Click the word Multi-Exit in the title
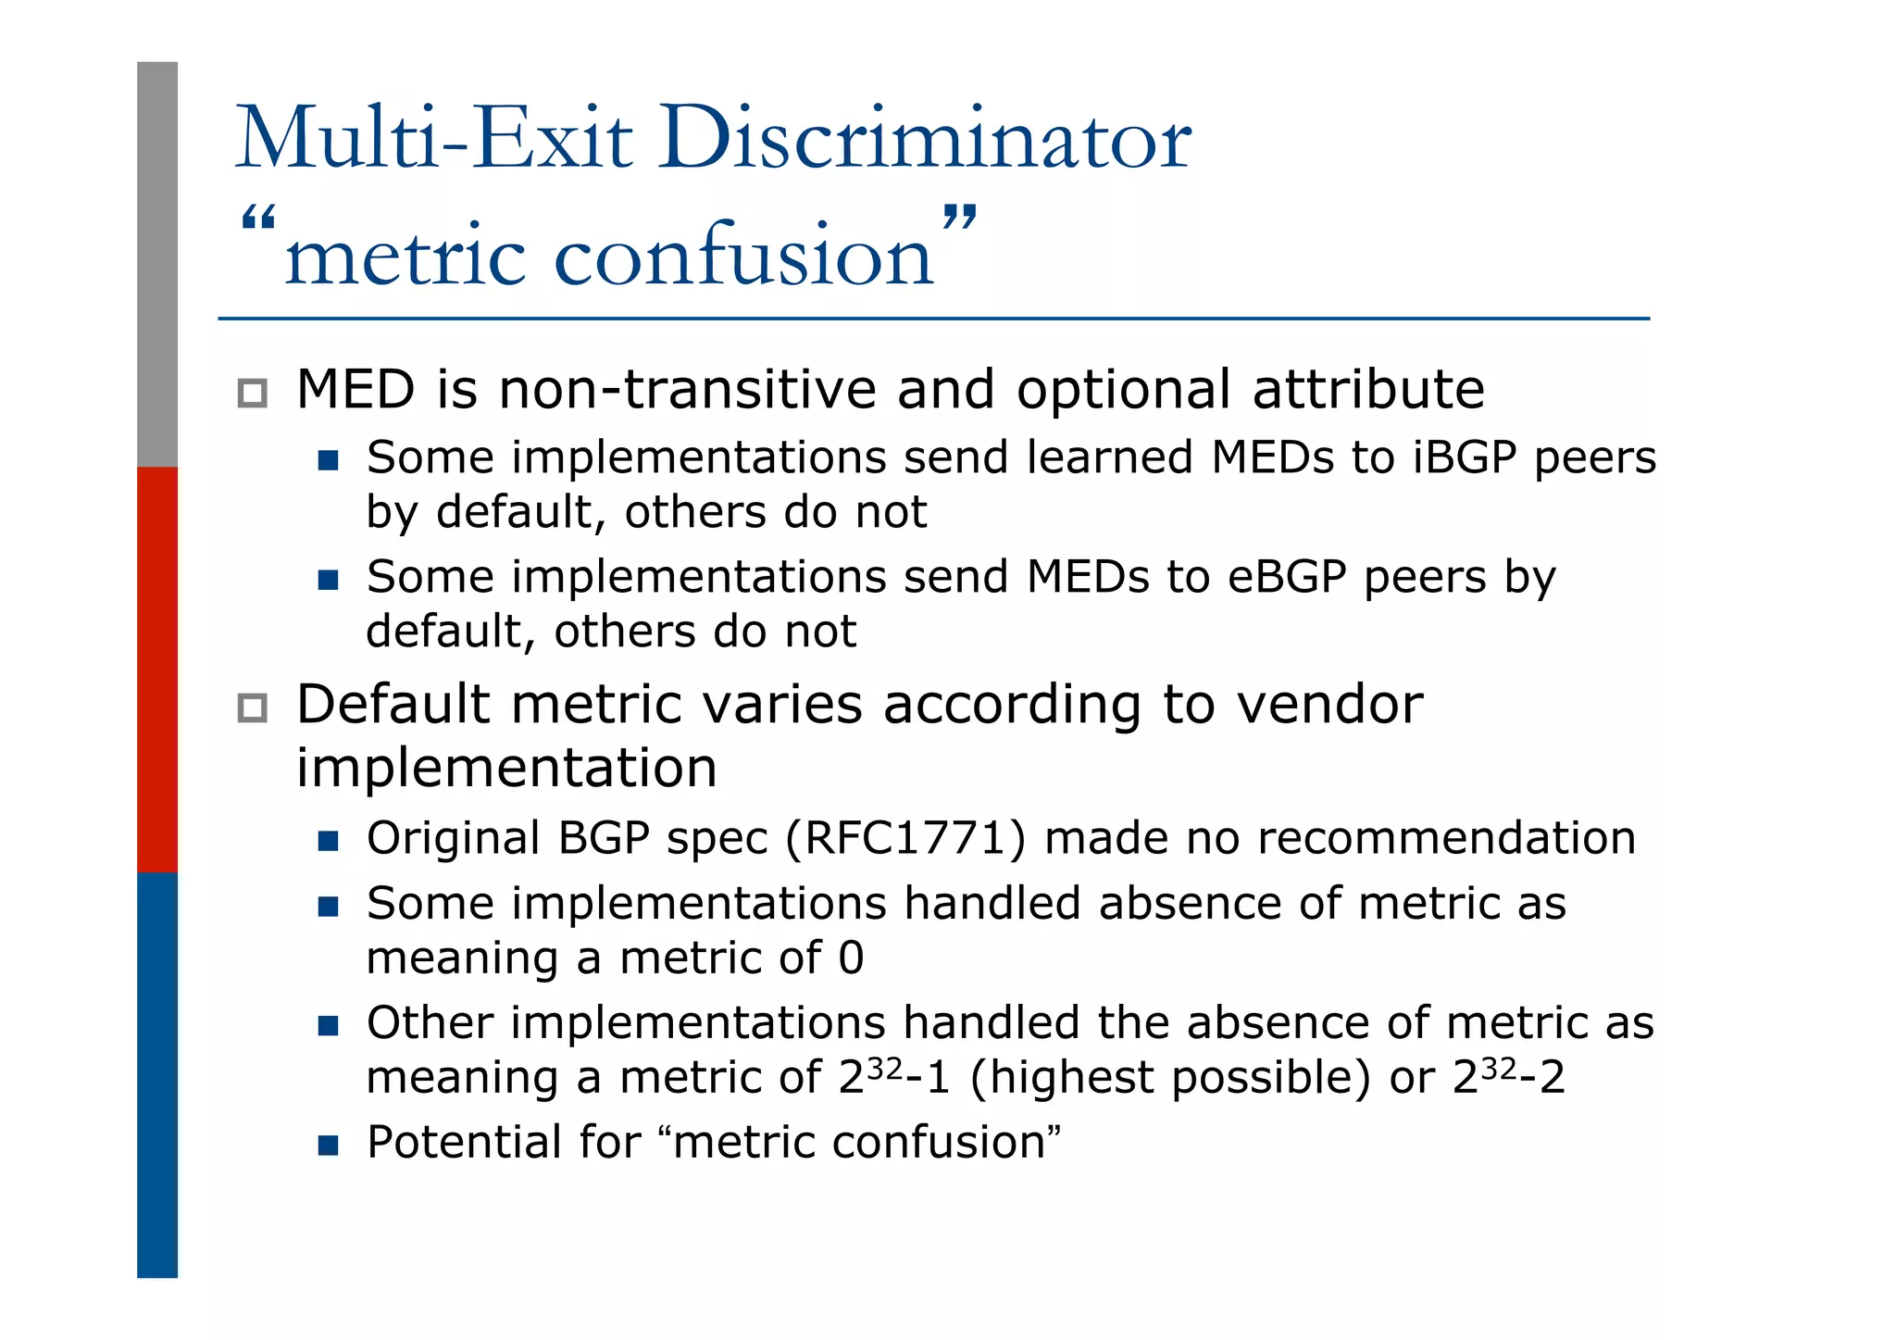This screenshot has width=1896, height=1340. [x=434, y=139]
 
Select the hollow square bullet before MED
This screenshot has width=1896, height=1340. [x=252, y=393]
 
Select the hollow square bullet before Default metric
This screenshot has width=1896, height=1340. [x=252, y=708]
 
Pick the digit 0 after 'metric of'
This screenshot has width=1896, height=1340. [x=851, y=958]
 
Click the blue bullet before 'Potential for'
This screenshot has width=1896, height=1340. [x=328, y=1146]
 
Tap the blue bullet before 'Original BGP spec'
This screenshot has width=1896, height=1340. [x=328, y=841]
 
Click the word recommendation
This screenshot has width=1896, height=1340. [x=1446, y=838]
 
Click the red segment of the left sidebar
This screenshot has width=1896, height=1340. [x=157, y=669]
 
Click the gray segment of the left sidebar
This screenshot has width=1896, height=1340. [x=157, y=264]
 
